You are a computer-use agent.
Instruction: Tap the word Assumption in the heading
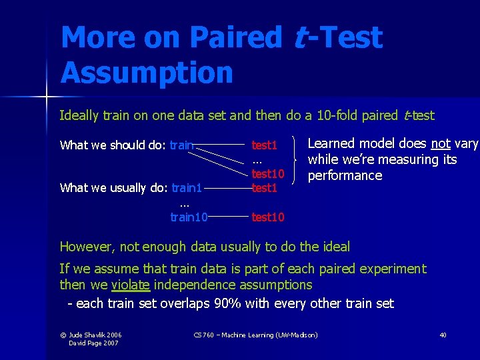coord(147,73)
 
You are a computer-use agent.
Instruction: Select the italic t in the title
coord(301,38)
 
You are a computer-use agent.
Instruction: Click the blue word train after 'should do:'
coord(182,145)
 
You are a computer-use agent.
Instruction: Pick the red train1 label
coord(187,188)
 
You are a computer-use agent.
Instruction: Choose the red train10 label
coord(189,217)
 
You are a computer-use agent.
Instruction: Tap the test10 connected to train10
coord(268,217)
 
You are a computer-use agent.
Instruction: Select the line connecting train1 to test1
coord(227,188)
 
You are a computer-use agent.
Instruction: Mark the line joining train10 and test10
coord(229,217)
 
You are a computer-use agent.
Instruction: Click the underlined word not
coord(441,144)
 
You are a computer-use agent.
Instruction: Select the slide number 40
coord(443,335)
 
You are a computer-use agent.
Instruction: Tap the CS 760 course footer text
coord(255,335)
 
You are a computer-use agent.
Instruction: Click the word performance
coord(345,176)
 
